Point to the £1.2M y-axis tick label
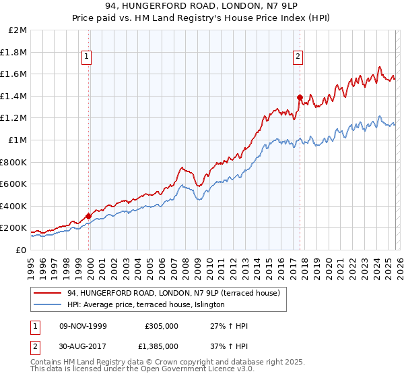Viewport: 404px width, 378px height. (x=14, y=118)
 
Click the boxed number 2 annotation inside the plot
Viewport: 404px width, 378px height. (x=298, y=57)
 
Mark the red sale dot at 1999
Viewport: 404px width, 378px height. (x=89, y=216)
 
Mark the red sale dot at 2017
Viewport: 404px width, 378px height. (x=300, y=98)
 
